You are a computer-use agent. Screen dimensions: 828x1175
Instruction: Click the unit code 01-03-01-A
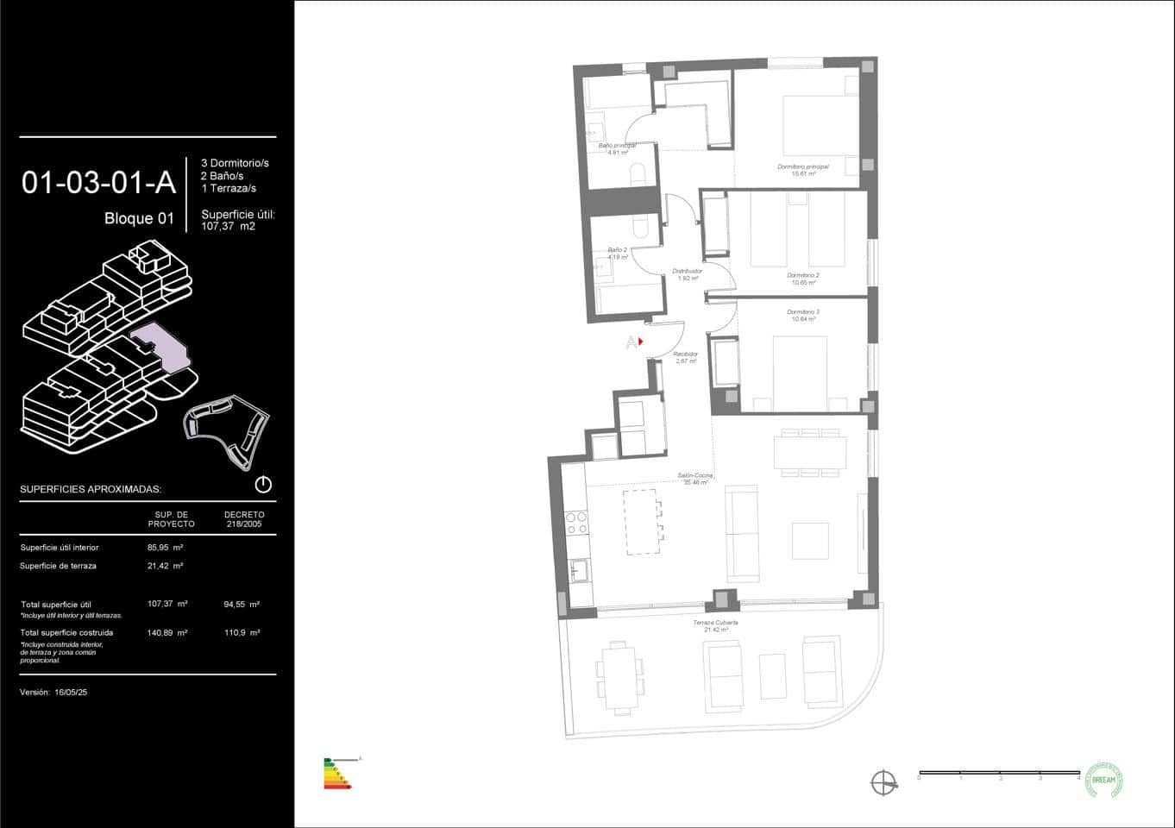[x=98, y=182]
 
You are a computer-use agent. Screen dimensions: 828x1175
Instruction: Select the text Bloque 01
[x=139, y=218]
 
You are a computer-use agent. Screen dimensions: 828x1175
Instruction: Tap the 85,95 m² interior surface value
[x=165, y=548]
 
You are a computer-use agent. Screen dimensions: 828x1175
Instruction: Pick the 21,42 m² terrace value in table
[x=165, y=567]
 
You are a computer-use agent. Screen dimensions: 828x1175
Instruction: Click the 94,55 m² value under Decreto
[x=242, y=605]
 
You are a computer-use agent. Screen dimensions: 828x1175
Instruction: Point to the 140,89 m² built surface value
[x=167, y=632]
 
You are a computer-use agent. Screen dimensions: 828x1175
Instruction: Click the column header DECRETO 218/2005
[x=244, y=519]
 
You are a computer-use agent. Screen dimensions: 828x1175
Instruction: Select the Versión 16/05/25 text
[x=53, y=693]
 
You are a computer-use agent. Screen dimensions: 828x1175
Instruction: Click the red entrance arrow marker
[x=640, y=342]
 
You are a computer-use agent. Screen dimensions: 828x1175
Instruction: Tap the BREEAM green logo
[x=1103, y=779]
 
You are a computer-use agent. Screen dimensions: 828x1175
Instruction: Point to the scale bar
[x=998, y=773]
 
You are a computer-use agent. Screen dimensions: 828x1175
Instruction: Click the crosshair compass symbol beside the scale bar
[x=883, y=783]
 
